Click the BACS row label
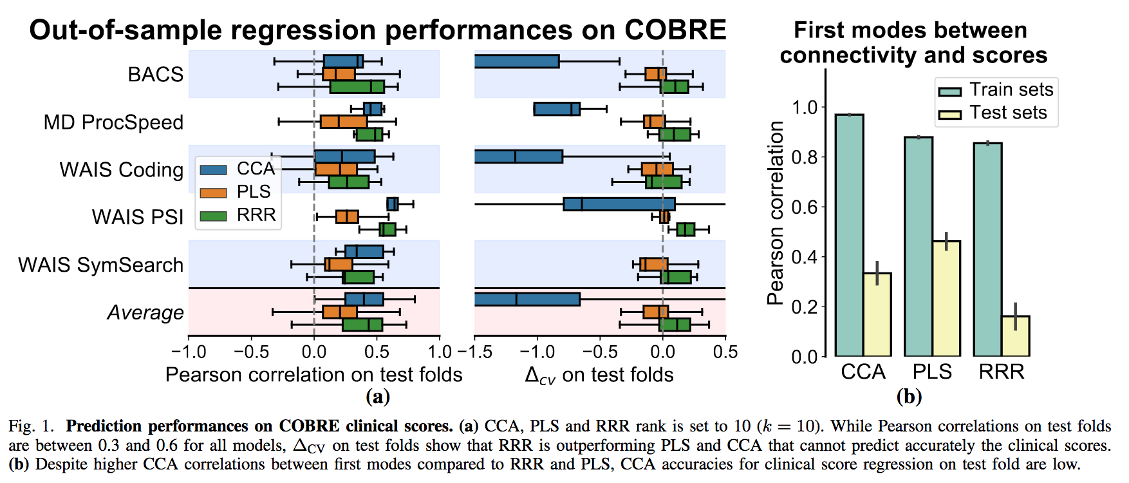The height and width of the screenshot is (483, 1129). (x=156, y=74)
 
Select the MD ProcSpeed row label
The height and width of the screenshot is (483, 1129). (x=113, y=122)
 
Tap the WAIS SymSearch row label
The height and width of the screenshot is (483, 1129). (x=101, y=265)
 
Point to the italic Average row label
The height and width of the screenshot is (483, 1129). (x=145, y=312)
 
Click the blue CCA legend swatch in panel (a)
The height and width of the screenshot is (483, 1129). (x=213, y=169)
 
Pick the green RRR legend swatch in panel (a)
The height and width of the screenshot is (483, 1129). (x=213, y=216)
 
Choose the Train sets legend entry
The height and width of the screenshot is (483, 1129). (x=995, y=90)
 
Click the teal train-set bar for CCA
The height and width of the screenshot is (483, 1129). (x=850, y=235)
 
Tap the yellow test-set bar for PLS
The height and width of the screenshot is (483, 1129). (x=946, y=299)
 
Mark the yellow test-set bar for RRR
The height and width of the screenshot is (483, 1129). (x=1015, y=336)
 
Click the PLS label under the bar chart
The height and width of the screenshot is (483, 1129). (x=932, y=372)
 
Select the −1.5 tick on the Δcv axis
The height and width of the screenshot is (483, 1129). (x=475, y=352)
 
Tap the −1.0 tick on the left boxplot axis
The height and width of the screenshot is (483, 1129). (x=189, y=352)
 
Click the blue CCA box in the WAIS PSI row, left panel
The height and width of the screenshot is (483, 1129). (x=392, y=204)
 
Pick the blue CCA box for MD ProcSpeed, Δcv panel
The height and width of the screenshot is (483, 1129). (x=557, y=109)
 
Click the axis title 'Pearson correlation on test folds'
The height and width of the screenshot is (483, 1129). (x=314, y=375)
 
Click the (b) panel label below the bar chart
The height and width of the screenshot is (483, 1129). (x=909, y=396)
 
